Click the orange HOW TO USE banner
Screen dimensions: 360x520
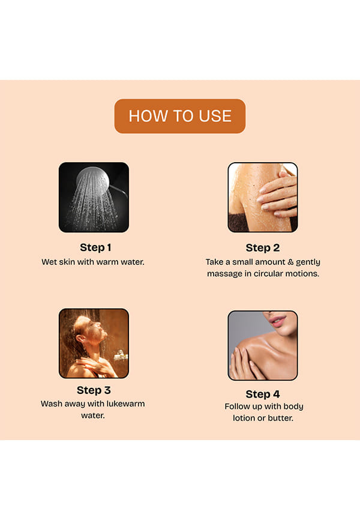(x=180, y=116)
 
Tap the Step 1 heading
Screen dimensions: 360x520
(x=95, y=247)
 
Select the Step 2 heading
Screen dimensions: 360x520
(x=263, y=248)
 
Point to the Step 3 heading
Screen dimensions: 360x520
(x=94, y=390)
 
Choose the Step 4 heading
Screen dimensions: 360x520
(x=263, y=394)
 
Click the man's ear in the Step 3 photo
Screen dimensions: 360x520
(x=80, y=340)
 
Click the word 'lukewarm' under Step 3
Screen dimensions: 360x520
(x=125, y=404)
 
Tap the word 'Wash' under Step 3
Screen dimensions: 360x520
(x=51, y=404)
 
